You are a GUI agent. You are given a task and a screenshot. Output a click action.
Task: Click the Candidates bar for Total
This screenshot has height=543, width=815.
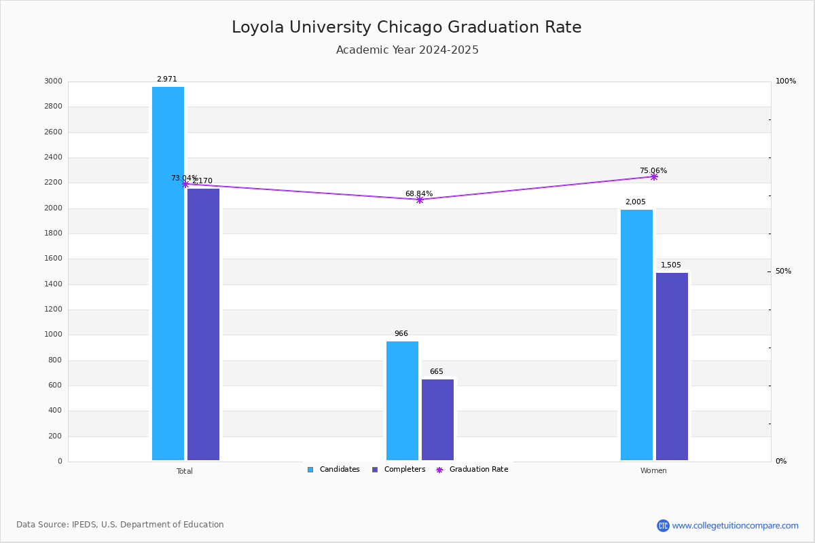click(x=168, y=274)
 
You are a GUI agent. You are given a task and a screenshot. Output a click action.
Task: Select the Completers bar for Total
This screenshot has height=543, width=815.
click(x=203, y=324)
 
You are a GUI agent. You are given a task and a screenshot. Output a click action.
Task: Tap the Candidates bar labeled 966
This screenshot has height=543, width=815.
click(x=402, y=400)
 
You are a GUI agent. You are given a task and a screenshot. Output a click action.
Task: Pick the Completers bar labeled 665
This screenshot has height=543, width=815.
click(x=437, y=419)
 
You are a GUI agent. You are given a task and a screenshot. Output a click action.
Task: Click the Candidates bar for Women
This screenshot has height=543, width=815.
click(x=637, y=335)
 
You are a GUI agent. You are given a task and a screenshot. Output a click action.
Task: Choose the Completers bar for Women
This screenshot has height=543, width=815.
click(x=672, y=367)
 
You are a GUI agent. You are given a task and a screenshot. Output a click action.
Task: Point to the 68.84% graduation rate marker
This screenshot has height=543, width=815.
click(x=420, y=200)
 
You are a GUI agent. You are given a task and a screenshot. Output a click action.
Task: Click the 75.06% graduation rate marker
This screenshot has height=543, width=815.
click(x=654, y=176)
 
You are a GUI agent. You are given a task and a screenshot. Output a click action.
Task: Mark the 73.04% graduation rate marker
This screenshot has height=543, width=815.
click(x=185, y=185)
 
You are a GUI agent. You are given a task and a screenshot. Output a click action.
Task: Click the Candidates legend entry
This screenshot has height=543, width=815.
click(x=333, y=470)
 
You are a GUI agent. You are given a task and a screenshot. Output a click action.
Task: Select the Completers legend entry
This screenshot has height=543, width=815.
click(x=399, y=470)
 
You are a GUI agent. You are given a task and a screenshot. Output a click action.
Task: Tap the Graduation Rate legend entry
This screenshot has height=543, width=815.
click(x=472, y=470)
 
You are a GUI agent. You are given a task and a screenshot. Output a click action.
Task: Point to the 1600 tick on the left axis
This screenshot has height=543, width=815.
click(x=53, y=259)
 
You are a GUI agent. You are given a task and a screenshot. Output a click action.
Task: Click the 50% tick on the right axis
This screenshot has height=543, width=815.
click(x=783, y=271)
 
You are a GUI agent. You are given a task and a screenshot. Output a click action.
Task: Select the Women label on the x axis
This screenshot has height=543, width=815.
click(x=653, y=470)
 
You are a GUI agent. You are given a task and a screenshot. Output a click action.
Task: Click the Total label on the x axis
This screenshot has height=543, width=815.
click(x=185, y=471)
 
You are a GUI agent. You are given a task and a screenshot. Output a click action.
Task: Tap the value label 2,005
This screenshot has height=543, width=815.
click(x=636, y=202)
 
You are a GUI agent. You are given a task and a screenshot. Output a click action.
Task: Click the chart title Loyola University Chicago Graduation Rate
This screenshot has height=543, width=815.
click(x=407, y=27)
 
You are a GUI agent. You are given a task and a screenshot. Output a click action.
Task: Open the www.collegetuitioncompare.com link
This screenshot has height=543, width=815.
click(x=735, y=525)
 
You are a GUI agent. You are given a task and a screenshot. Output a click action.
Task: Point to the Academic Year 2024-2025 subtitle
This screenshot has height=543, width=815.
click(x=407, y=50)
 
